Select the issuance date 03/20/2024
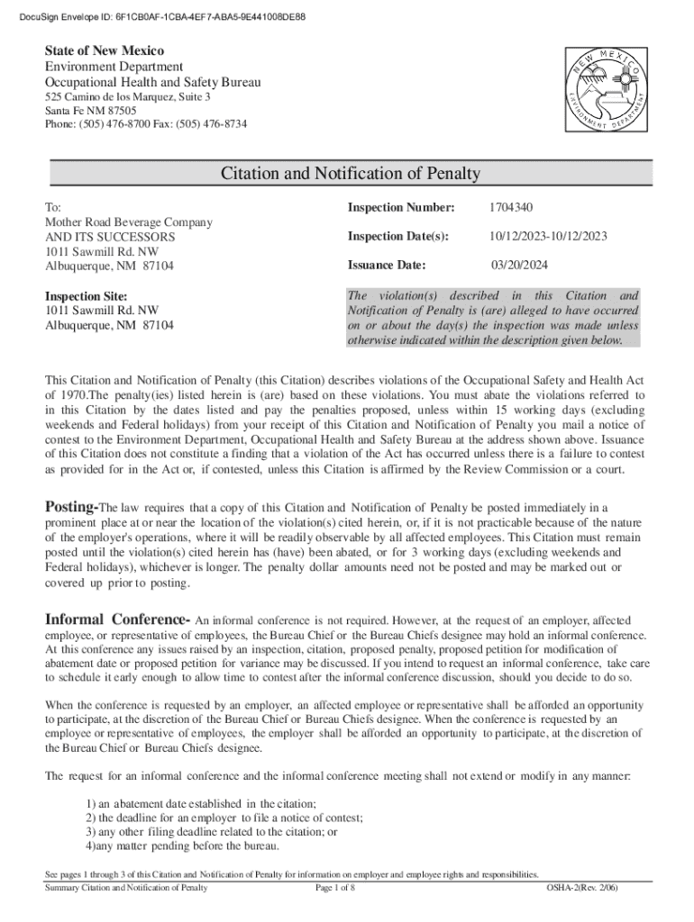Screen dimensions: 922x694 [520, 266]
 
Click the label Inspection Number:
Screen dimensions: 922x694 [401, 208]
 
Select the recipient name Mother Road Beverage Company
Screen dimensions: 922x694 [129, 222]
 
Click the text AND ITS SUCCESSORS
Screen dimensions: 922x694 [110, 237]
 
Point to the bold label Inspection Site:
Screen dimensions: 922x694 [87, 296]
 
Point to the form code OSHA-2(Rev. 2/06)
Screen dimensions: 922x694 [582, 888]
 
